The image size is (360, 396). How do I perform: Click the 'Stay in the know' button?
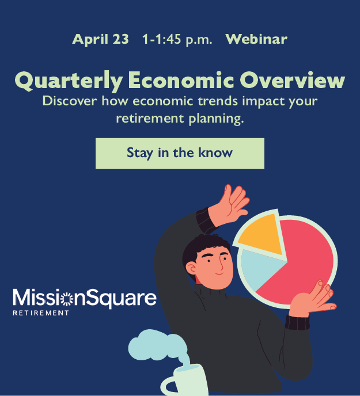(180, 153)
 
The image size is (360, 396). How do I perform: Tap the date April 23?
(100, 40)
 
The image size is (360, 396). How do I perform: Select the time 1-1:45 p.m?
(177, 40)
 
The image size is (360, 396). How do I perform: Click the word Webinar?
(256, 40)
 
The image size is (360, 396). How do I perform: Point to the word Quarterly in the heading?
(68, 80)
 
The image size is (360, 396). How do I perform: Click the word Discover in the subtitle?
(70, 101)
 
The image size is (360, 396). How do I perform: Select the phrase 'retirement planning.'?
(180, 119)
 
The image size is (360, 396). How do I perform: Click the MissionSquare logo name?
(84, 298)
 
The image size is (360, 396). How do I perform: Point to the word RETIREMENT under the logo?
(41, 313)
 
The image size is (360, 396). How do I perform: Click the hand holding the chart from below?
(314, 299)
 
